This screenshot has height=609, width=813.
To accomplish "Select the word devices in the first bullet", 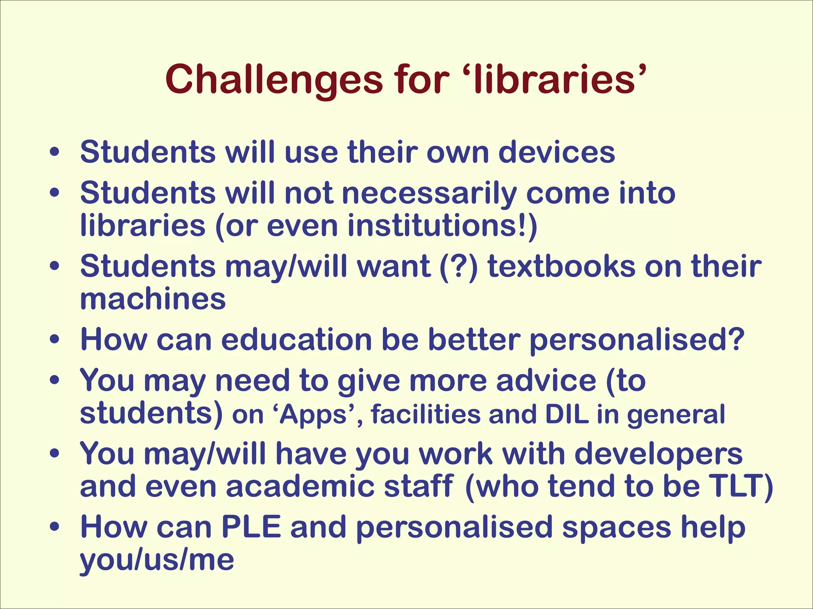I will coord(557,152).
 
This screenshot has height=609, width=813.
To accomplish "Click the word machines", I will coord(153,299).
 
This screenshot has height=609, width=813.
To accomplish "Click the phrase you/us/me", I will coord(157,561).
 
